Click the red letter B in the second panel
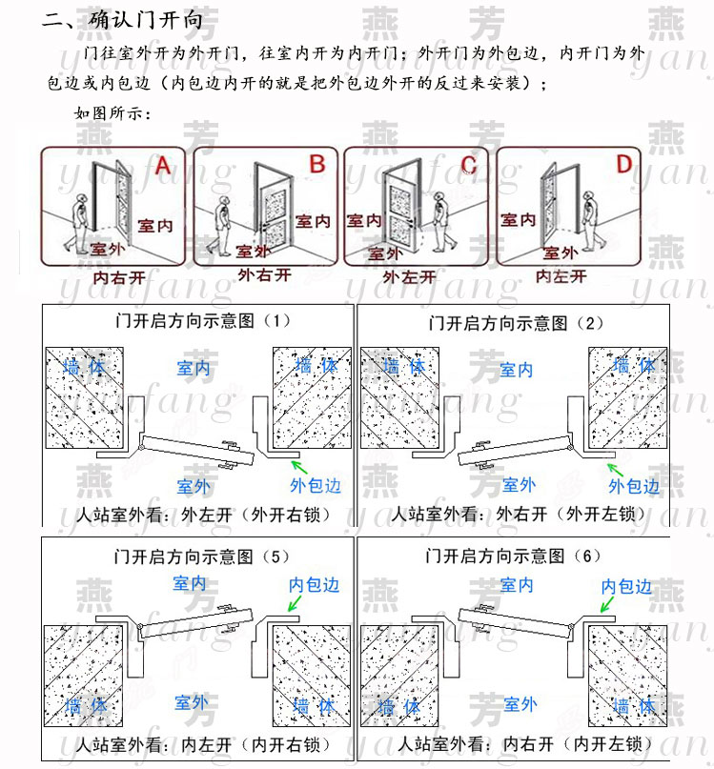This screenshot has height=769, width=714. point(317,164)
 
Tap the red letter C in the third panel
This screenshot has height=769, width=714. point(468,164)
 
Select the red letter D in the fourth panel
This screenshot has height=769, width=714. point(622,165)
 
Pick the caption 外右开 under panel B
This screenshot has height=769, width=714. point(263,275)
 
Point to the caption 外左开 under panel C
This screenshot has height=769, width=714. point(409,277)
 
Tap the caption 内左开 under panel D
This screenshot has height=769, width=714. point(561,276)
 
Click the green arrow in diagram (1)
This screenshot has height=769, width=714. point(300,466)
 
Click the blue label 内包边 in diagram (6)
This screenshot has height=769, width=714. point(626,586)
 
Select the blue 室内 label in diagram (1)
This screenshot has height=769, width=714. point(194,368)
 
